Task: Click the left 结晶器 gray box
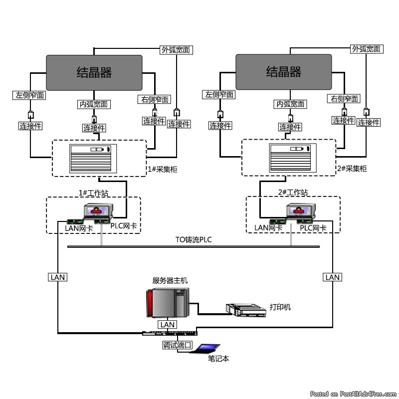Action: [x=94, y=72]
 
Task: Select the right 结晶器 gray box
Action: [x=283, y=72]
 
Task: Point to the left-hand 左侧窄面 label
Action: [x=30, y=95]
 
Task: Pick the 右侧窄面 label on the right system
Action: [x=344, y=99]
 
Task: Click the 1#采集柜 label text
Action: [x=163, y=169]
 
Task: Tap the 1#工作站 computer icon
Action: [x=99, y=213]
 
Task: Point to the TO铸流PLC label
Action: [x=194, y=240]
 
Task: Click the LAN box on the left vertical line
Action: [x=58, y=277]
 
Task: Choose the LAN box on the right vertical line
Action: [x=332, y=277]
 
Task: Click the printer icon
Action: [x=246, y=310]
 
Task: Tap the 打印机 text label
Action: [x=280, y=307]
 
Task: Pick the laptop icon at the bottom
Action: [x=208, y=348]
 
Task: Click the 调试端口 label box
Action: [x=177, y=345]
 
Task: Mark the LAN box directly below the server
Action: [x=167, y=325]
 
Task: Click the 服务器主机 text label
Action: [x=170, y=281]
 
